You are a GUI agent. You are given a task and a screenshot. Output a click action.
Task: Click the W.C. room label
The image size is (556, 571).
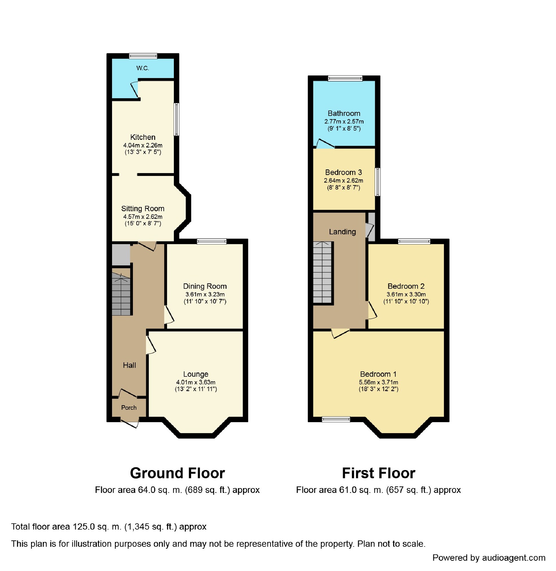(143, 68)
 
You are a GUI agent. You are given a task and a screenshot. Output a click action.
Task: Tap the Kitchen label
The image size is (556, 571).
(143, 137)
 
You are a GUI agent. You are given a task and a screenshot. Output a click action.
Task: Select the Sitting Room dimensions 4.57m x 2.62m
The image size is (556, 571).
(143, 217)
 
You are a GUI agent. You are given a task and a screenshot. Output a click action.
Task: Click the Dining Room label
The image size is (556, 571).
(205, 286)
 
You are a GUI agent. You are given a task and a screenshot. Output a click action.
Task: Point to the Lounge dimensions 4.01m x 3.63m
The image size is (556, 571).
(196, 382)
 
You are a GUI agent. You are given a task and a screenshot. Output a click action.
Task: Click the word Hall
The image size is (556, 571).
(129, 365)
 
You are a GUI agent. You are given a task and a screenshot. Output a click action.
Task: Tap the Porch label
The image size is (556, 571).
(129, 408)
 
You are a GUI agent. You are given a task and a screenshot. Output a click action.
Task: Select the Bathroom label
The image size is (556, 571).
(344, 114)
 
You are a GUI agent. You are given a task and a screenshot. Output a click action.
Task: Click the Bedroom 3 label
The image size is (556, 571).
(343, 173)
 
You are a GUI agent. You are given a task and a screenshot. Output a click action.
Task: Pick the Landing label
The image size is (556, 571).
(342, 232)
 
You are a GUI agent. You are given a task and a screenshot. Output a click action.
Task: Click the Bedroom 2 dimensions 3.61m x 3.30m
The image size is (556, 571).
(406, 294)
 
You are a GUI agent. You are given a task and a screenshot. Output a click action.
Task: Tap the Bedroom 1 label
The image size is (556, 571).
(378, 374)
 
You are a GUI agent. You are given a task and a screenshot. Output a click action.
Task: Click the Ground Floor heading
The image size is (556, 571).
(177, 473)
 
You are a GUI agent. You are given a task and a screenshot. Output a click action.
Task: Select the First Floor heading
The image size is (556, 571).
(378, 473)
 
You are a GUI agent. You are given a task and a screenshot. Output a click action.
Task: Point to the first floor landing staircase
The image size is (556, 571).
(322, 272)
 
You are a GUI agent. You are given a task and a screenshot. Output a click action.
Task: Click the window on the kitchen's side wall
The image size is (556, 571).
(176, 119)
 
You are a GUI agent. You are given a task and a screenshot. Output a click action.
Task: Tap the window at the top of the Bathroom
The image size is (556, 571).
(345, 78)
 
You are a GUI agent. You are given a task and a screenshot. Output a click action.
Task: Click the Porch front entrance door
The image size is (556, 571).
(129, 424)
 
